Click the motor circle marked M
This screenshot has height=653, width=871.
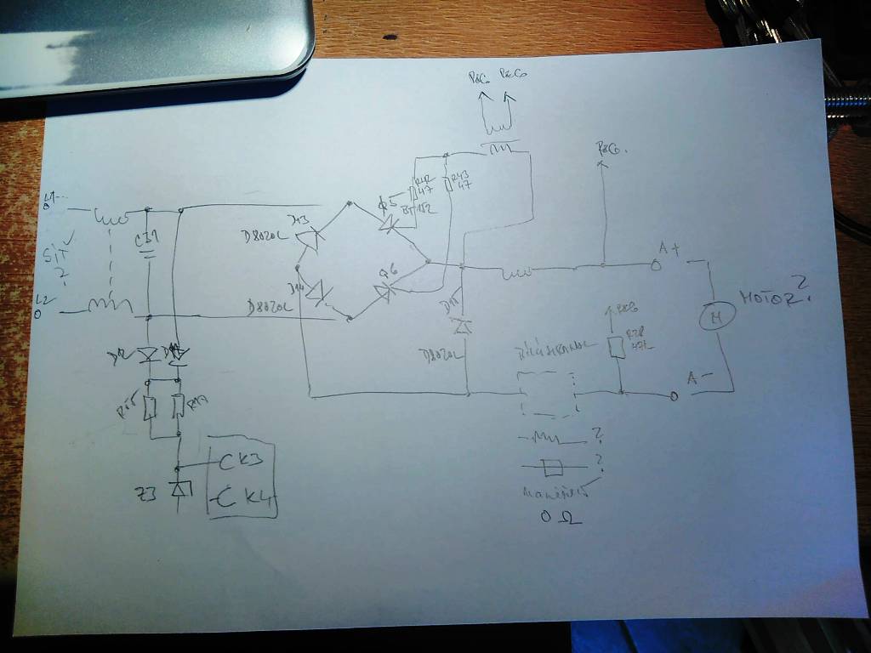click(715, 318)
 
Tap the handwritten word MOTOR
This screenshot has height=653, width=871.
click(768, 298)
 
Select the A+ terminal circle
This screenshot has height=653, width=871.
click(656, 265)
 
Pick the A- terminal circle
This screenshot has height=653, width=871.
click(674, 396)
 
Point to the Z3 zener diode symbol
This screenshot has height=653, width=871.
click(178, 489)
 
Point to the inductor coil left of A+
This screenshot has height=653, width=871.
click(516, 273)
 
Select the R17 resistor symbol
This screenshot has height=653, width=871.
click(178, 407)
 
